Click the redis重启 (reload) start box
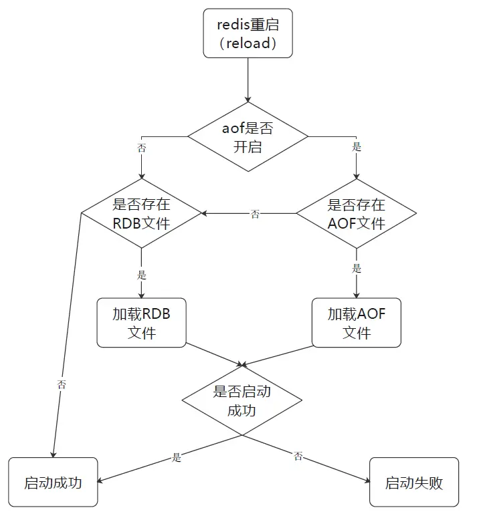point(248,33)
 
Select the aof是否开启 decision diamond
point(248,137)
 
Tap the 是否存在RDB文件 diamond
point(141,214)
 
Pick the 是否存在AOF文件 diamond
point(356,214)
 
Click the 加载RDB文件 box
point(141,323)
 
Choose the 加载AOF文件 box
point(356,323)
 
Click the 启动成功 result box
point(53,482)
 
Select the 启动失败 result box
point(414,482)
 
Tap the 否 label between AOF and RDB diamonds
point(255,214)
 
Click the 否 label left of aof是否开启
point(141,148)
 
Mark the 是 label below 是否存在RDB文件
point(141,275)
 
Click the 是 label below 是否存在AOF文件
point(357,269)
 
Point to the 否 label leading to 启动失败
point(298,457)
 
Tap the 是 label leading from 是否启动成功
point(177,458)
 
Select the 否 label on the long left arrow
point(62,384)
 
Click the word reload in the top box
point(248,43)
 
